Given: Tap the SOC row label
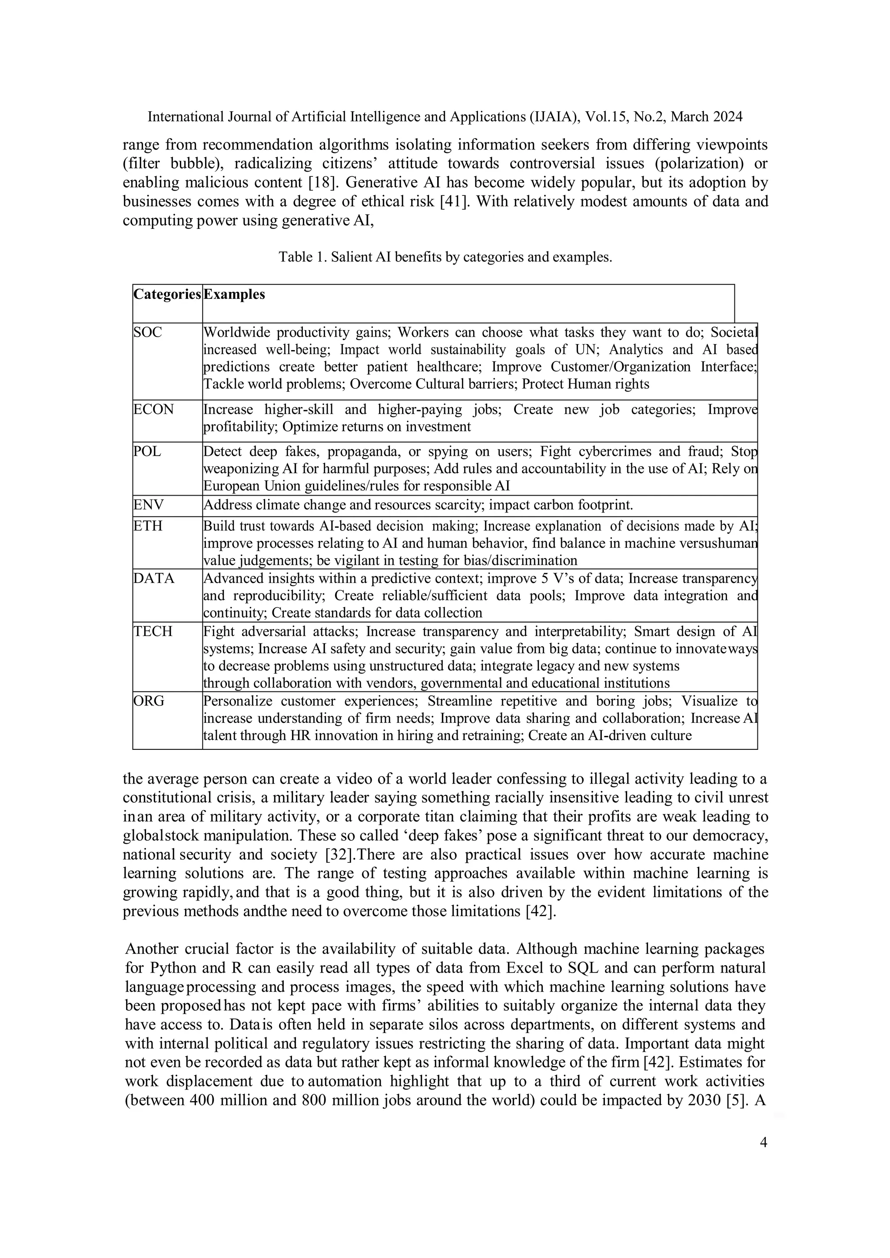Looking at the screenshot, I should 148,333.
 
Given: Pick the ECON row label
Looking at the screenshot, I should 154,409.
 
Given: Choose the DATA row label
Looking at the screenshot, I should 154,579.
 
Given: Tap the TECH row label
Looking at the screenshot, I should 153,631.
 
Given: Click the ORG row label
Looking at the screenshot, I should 149,701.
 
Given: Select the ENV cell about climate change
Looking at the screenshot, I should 418,505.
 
